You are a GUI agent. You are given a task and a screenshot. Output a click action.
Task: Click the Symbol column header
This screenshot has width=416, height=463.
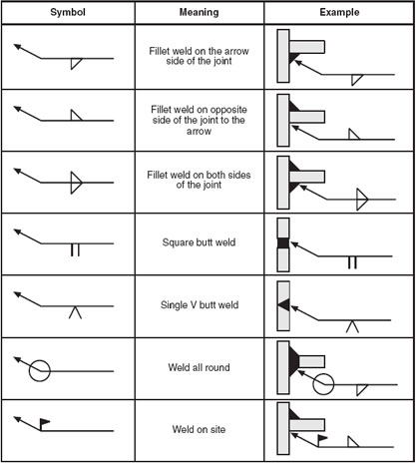[68, 12]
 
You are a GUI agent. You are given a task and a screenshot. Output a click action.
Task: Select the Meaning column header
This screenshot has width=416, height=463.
[200, 12]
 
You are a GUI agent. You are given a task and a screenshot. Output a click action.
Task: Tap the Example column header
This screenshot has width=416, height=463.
[339, 12]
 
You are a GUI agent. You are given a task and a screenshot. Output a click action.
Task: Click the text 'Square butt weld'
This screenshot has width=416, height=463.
[199, 242]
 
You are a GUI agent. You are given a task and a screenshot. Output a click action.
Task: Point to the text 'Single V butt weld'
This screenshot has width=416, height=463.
[200, 304]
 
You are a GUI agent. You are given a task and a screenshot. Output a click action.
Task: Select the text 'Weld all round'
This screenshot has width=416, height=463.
[199, 367]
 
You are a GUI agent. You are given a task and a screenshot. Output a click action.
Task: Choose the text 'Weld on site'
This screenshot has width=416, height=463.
[199, 429]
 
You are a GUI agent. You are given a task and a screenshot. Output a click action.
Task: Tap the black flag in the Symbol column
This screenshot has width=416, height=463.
[45, 422]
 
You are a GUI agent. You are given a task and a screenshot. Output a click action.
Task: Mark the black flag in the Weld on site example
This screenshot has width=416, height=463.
[322, 438]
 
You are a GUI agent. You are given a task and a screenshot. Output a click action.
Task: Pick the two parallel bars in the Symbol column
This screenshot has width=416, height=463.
[75, 250]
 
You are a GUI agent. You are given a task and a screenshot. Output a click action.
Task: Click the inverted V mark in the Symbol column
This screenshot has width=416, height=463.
[75, 312]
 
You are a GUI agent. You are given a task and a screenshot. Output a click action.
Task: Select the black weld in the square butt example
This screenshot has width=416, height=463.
[283, 243]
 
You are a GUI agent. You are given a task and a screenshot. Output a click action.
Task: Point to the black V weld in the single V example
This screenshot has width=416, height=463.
[284, 305]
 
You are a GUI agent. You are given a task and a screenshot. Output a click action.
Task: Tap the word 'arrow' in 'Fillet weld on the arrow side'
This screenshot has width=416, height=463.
[235, 51]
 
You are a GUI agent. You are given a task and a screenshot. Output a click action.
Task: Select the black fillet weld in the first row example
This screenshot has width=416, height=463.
[292, 57]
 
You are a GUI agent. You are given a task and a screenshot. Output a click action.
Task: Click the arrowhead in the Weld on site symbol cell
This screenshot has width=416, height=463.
[17, 418]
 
